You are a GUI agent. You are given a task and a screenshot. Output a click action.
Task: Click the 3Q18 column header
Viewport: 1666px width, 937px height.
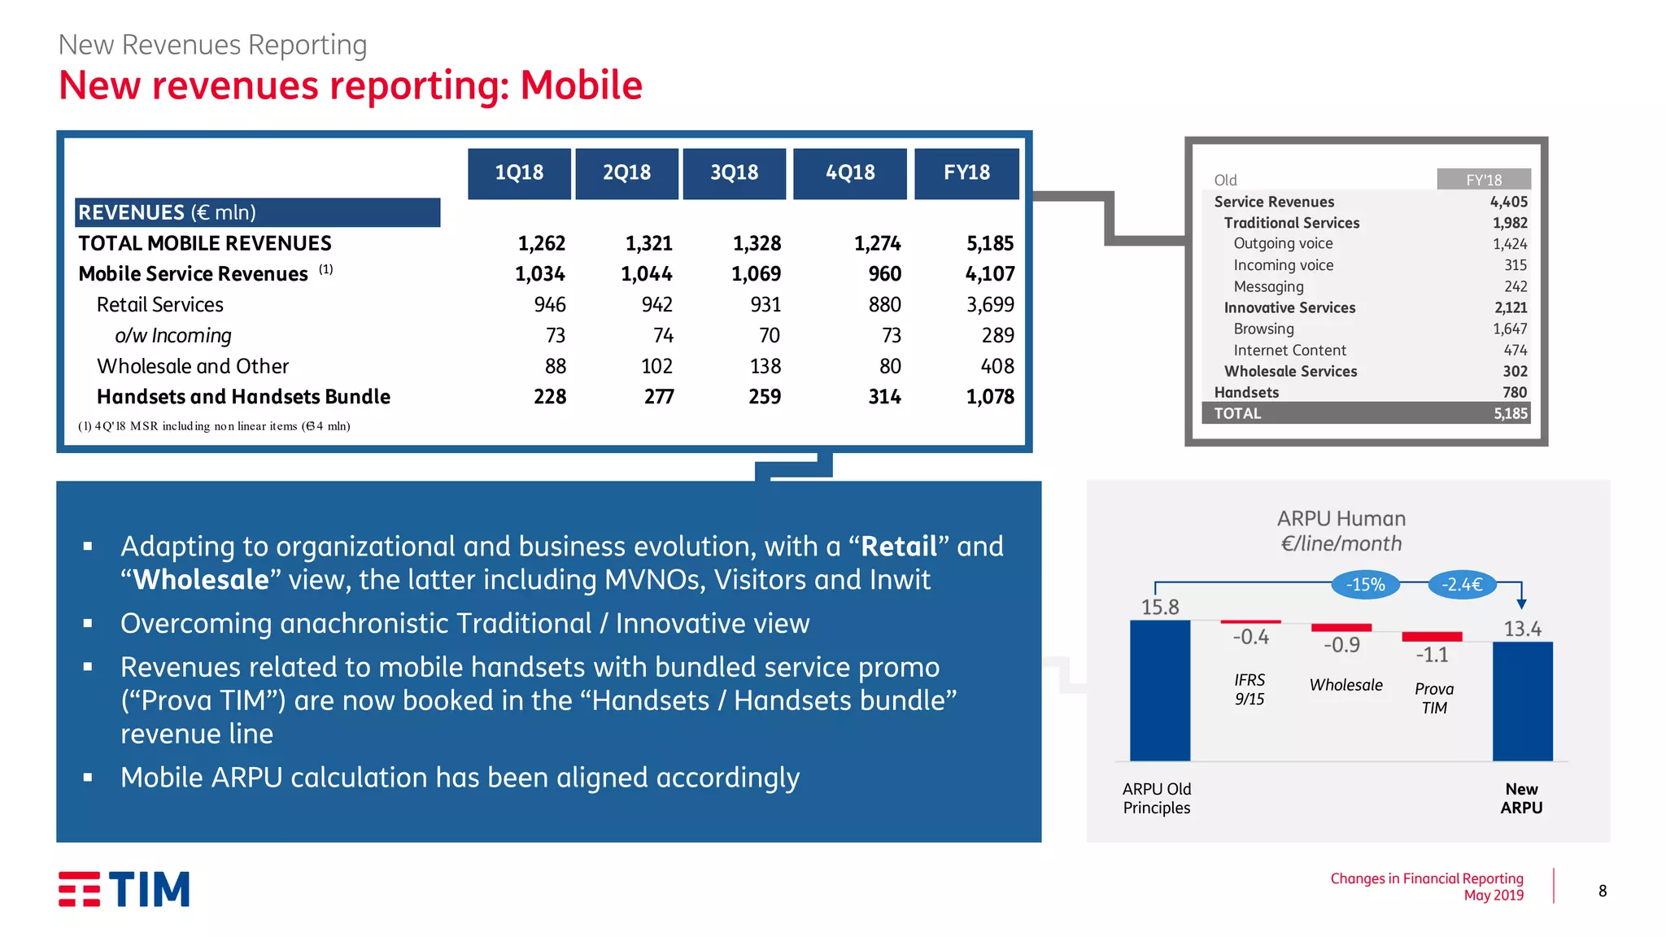coord(734,172)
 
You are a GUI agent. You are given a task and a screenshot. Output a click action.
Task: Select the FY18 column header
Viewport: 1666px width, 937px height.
coord(966,172)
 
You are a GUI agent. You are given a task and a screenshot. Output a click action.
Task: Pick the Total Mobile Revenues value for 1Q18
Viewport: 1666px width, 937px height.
coord(541,243)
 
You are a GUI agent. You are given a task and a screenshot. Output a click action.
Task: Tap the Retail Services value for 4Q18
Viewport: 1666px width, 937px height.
coord(884,305)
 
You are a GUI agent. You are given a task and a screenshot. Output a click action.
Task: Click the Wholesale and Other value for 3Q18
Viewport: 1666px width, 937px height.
coord(765,367)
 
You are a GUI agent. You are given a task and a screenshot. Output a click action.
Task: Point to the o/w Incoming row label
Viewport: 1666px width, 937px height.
coord(172,336)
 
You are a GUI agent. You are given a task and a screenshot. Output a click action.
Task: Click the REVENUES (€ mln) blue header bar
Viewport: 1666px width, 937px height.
coord(257,212)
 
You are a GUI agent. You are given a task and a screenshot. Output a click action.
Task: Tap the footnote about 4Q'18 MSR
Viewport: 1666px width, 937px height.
coord(214,426)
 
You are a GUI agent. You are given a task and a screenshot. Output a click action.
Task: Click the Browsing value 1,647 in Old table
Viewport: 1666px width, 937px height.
coord(1509,329)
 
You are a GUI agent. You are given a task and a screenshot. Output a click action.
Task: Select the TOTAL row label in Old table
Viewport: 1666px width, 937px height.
coord(1237,413)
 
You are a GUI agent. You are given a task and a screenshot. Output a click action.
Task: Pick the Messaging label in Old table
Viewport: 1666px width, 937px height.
coord(1268,286)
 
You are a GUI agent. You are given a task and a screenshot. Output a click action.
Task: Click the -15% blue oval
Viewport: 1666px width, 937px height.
coord(1365,584)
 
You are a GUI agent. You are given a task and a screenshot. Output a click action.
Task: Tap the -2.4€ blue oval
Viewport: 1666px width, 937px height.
coord(1462,584)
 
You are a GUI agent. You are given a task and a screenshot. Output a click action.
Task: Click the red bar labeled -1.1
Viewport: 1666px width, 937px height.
coord(1432,636)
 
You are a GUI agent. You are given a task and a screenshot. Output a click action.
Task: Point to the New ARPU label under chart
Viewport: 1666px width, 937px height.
coord(1520,798)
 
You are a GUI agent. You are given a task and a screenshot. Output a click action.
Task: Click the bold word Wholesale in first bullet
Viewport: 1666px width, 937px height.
coord(200,580)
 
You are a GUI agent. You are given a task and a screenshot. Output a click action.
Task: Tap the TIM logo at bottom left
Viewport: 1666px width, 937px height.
coord(124,889)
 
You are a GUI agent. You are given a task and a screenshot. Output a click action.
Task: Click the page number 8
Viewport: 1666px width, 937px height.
coord(1602,891)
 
